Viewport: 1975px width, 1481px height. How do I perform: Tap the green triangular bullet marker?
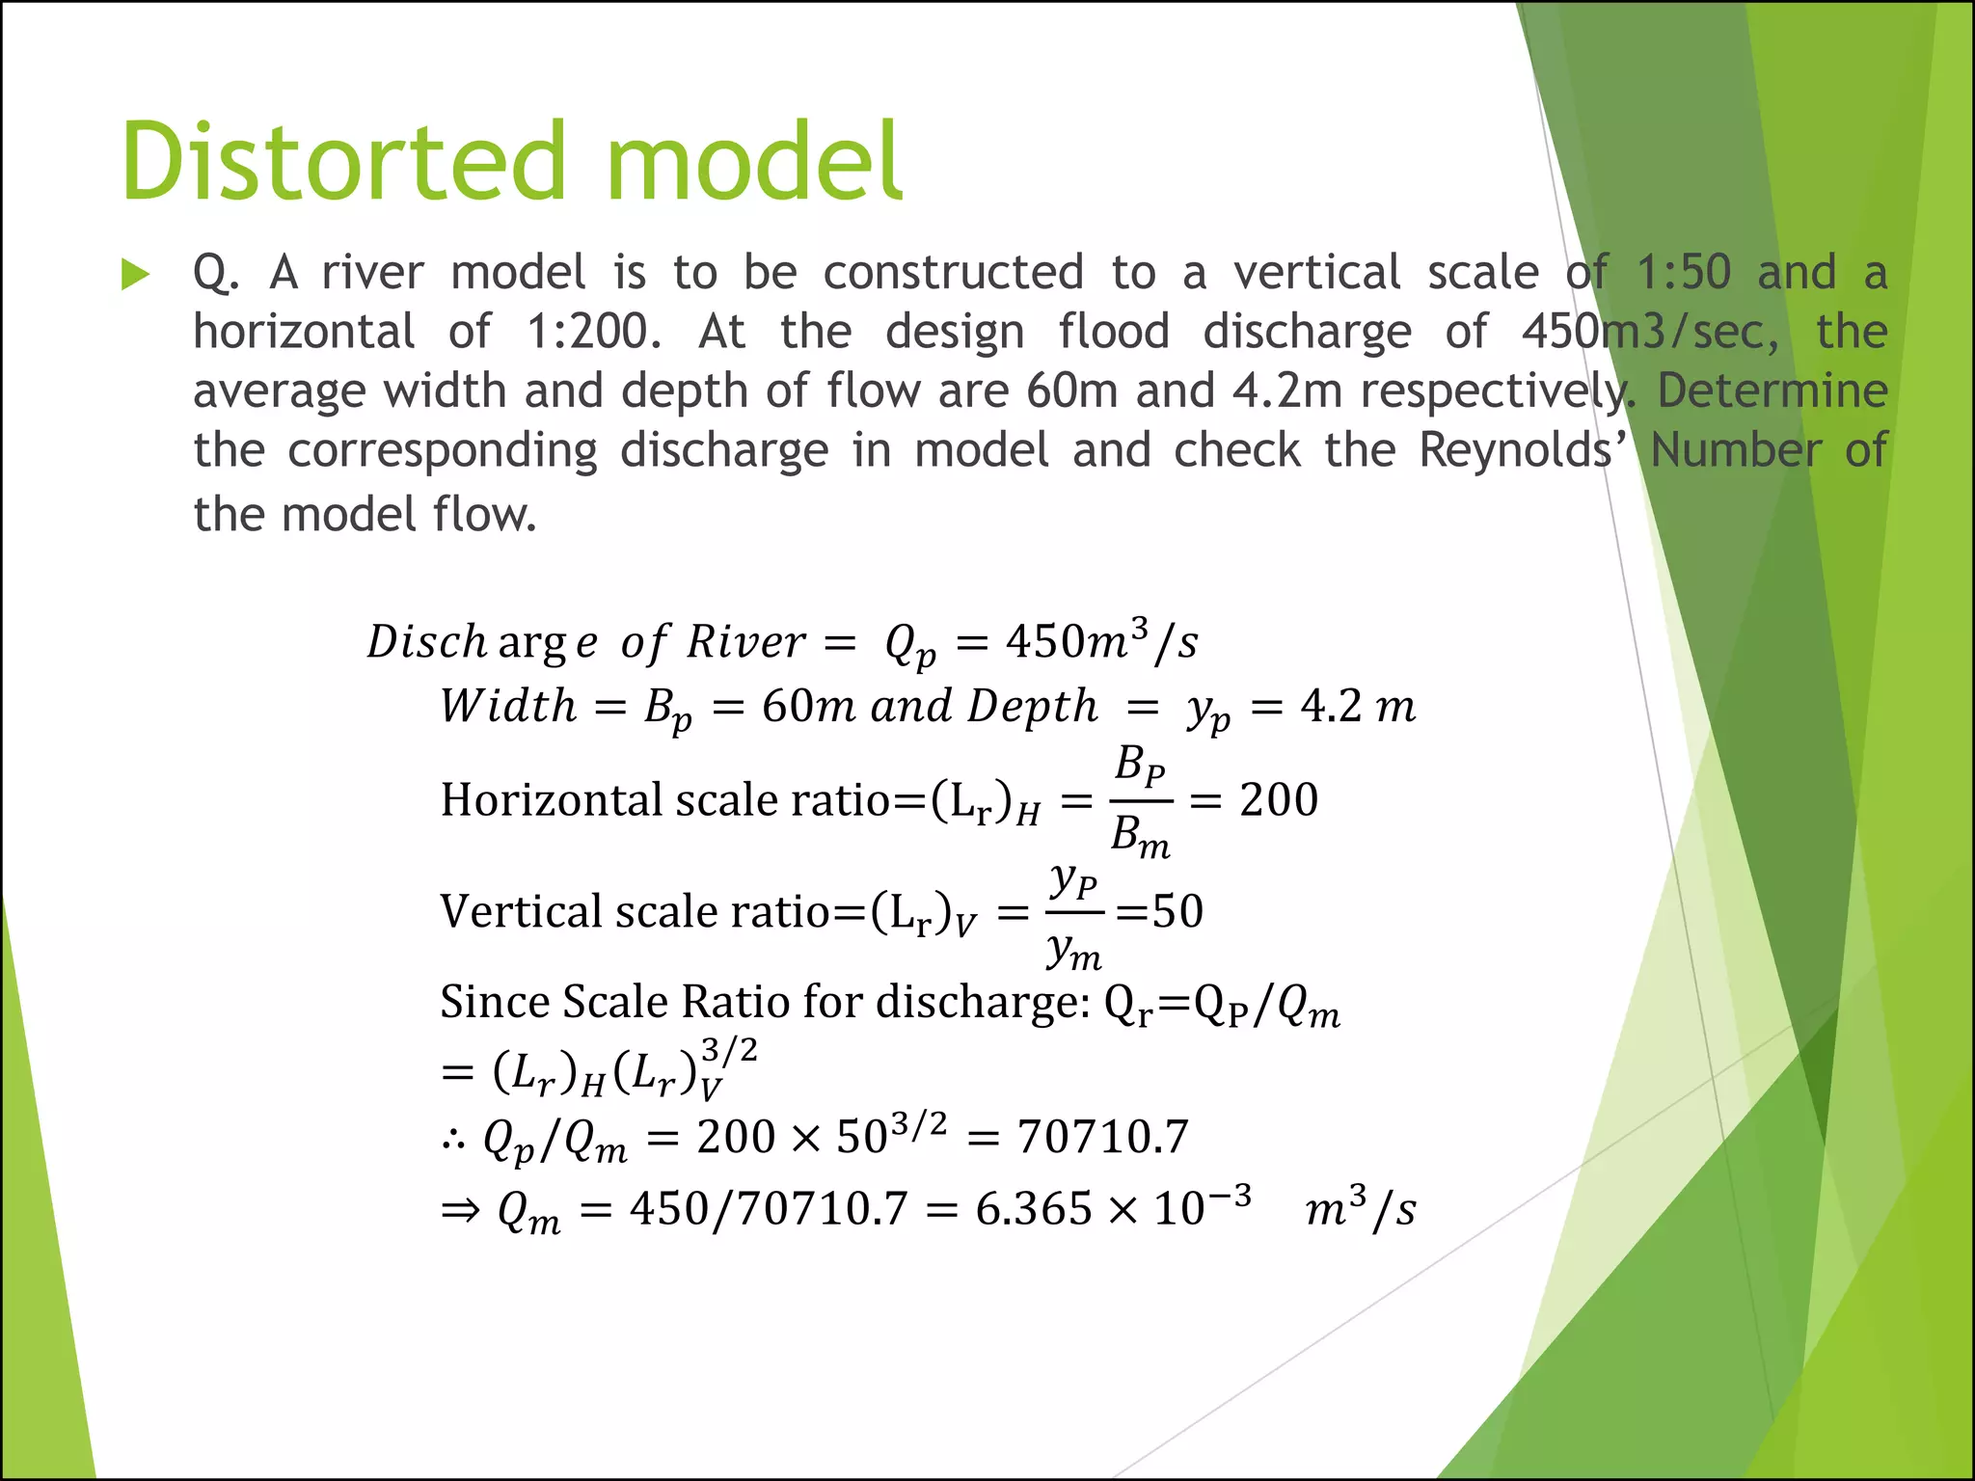click(x=135, y=275)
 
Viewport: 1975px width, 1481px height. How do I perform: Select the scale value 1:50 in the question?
click(x=1684, y=273)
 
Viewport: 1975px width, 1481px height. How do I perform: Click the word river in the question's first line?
click(x=372, y=273)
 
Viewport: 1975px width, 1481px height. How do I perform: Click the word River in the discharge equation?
click(x=745, y=642)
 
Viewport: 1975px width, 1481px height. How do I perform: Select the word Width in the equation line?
click(x=508, y=707)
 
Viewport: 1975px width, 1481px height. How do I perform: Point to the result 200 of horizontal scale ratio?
click(x=1278, y=800)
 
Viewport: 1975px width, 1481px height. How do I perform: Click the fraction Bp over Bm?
click(x=1141, y=800)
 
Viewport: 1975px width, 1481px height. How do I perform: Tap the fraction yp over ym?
click(x=1074, y=912)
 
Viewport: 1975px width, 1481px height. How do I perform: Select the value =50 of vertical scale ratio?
click(x=1160, y=912)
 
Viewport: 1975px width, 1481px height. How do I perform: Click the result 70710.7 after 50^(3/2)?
click(x=1102, y=1137)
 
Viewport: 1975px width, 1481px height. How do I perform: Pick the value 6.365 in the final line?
click(x=1033, y=1209)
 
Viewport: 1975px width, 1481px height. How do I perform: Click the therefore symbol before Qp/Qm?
click(x=453, y=1140)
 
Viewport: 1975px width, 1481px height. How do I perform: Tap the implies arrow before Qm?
click(x=460, y=1210)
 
